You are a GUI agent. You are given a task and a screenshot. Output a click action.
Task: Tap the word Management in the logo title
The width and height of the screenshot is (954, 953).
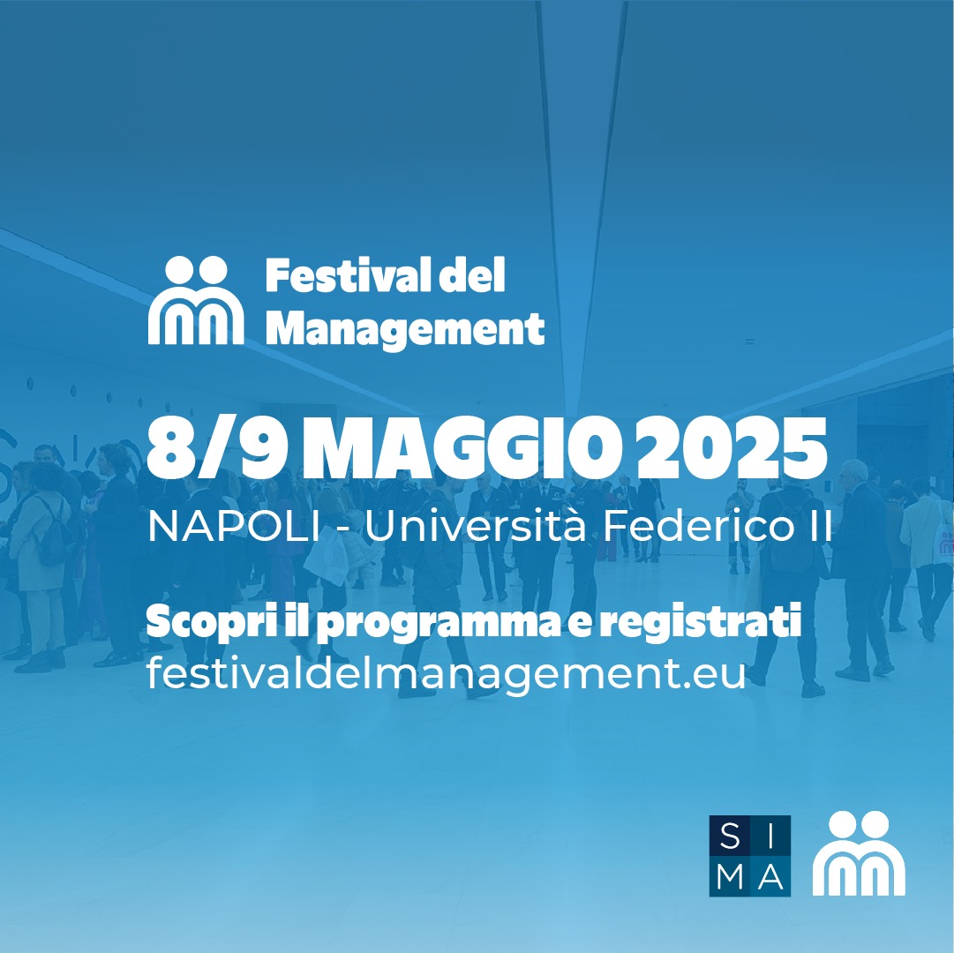coord(405,330)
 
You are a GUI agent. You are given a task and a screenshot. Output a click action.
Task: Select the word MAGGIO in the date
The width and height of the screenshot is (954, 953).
coord(463,449)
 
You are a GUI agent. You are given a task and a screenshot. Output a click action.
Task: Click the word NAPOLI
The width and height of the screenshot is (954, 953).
coord(234,527)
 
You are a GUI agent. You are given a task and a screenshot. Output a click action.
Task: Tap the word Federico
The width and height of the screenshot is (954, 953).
coord(694,526)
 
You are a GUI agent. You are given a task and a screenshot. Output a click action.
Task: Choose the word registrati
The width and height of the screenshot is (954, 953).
coord(700,622)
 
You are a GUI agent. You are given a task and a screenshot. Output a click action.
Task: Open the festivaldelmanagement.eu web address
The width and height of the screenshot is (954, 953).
coord(446,673)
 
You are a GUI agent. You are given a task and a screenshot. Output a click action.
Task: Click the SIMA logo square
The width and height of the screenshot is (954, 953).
coord(750,856)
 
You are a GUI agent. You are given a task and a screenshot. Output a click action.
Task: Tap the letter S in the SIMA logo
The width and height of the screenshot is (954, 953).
coord(730,837)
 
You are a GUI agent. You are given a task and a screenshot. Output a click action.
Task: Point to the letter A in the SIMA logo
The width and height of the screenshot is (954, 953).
coord(770,876)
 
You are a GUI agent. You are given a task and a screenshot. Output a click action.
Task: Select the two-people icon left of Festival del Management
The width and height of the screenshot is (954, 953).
coord(196,300)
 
